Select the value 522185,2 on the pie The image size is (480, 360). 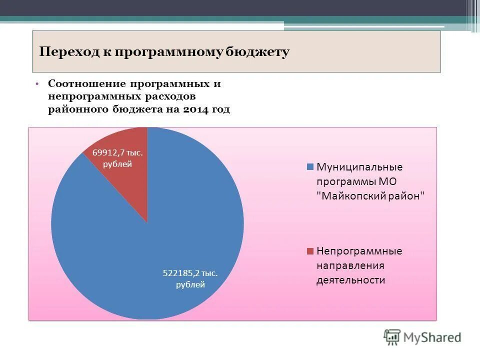pyautogui.click(x=181, y=273)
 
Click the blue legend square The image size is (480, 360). pyautogui.click(x=310, y=166)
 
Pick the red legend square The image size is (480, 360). pyautogui.click(x=310, y=250)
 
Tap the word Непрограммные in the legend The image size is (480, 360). pyautogui.click(x=359, y=251)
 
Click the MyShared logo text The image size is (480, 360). pyautogui.click(x=432, y=337)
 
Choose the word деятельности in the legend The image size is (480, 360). pyautogui.click(x=350, y=280)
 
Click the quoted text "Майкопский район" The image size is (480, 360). pyautogui.click(x=370, y=196)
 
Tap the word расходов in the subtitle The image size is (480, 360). pyautogui.click(x=168, y=96)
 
